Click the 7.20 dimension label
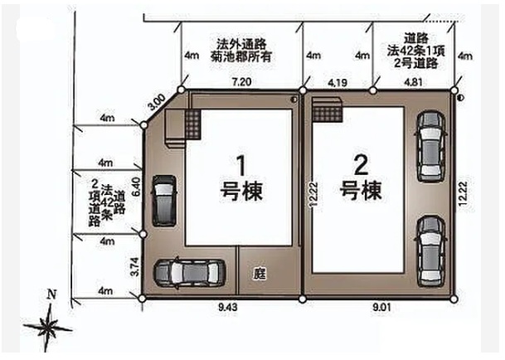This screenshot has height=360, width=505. coord(241,82)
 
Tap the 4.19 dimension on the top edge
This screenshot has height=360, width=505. coord(337,83)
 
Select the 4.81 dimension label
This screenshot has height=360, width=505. coord(413,82)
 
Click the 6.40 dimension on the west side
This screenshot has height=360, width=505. coord(136,187)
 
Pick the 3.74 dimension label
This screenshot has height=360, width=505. coord(136,266)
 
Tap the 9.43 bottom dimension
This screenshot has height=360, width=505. coord(228,307)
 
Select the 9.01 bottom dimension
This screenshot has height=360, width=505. coord(381,307)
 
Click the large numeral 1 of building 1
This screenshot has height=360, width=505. coord(241,166)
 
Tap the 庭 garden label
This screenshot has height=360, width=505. coord(260,274)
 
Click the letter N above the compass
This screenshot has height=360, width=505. coord(51,294)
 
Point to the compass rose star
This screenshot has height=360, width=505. coord(48,327)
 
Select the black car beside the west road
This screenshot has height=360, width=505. coord(164,201)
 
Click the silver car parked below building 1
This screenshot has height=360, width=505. coord(189,274)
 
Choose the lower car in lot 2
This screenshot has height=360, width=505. coord(431,251)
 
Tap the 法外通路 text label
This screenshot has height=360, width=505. coord(241,43)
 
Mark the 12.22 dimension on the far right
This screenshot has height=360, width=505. coord(464,194)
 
